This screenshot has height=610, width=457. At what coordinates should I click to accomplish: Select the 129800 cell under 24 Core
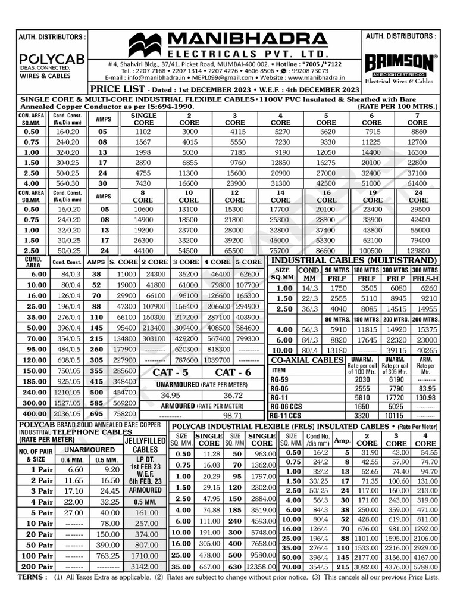pos(417,251)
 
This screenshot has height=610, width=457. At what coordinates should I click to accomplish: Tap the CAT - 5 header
pos(170,372)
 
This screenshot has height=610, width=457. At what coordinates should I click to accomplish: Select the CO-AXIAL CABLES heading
pos(307,360)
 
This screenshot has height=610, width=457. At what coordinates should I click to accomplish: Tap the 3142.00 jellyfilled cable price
pos(145,567)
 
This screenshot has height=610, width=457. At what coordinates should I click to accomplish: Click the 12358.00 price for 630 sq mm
pos(262,567)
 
